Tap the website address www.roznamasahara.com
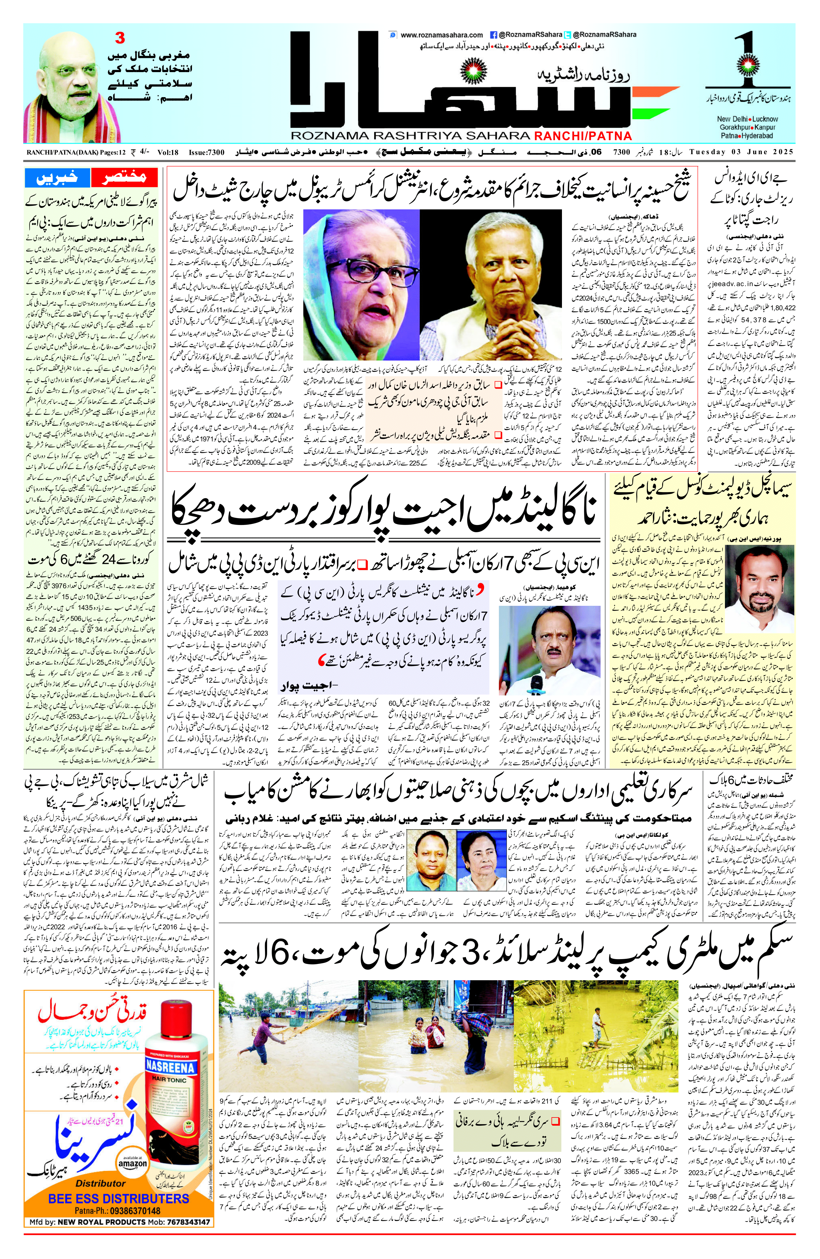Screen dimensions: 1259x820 click(442, 35)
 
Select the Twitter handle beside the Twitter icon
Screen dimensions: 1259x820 click(604, 35)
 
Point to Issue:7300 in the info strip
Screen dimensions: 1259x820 click(206, 152)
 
